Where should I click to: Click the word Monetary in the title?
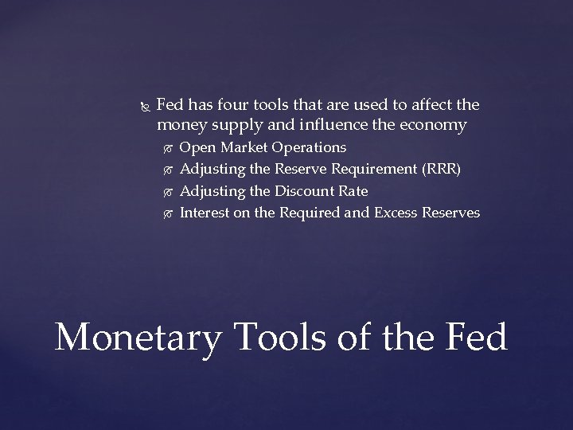coord(137,337)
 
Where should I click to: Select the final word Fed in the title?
coord(473,337)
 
